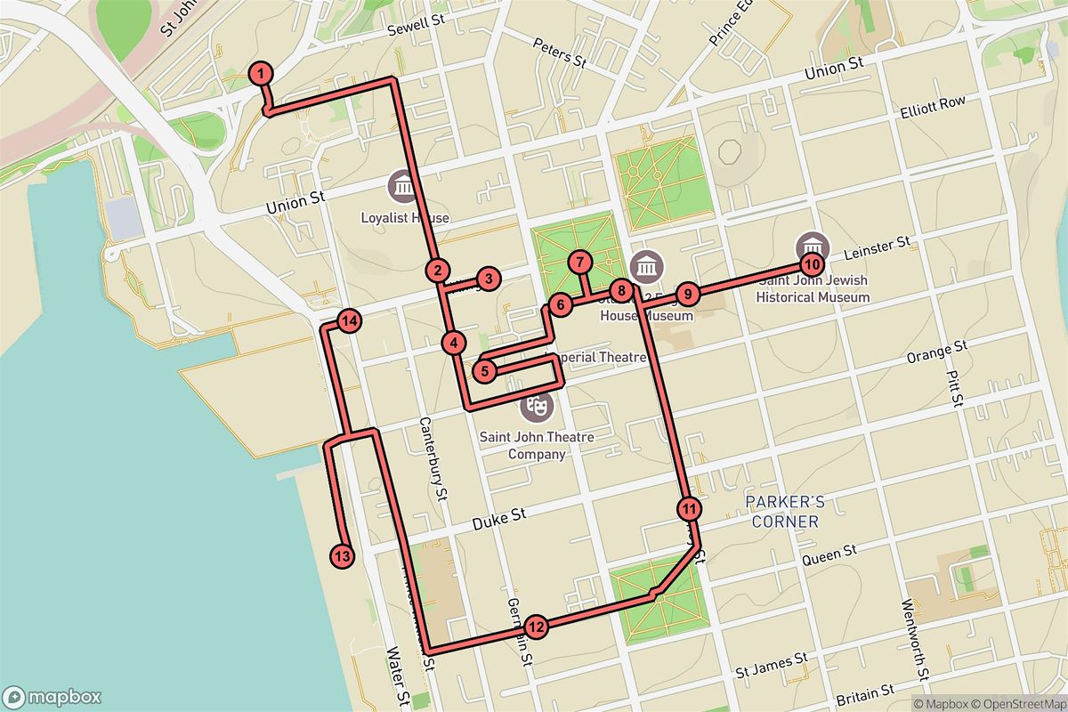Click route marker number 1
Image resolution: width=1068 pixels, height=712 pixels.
pyautogui.click(x=260, y=73)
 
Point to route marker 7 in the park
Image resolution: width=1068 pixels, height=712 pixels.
pyautogui.click(x=579, y=263)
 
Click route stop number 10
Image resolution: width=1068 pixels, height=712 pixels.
pyautogui.click(x=811, y=263)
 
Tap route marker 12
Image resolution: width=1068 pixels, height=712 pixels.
pyautogui.click(x=535, y=627)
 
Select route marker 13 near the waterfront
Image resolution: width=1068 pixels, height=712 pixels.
pyautogui.click(x=342, y=556)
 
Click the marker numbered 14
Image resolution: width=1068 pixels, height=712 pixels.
pyautogui.click(x=348, y=320)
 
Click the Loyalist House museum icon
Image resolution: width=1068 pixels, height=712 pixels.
pyautogui.click(x=403, y=188)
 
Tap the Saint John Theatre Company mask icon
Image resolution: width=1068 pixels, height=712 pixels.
pyautogui.click(x=538, y=406)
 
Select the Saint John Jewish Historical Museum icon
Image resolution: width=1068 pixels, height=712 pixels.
pyautogui.click(x=811, y=244)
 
